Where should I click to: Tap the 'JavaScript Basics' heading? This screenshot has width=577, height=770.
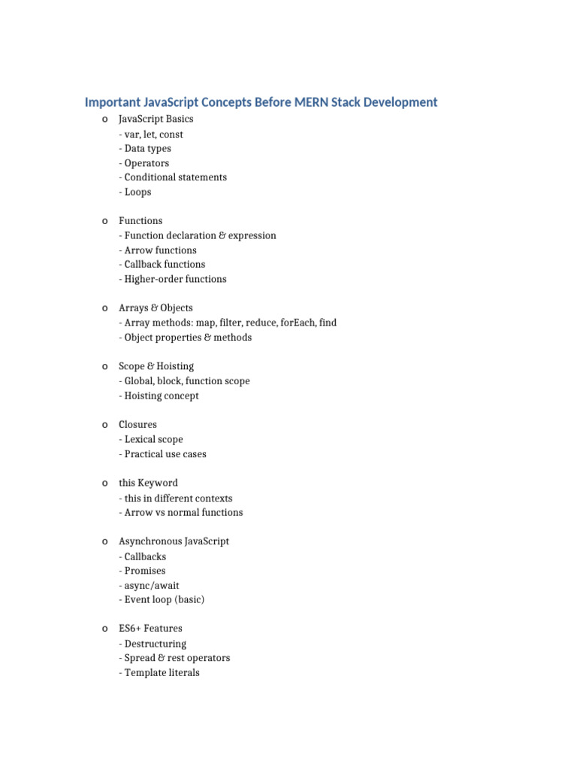[x=156, y=119]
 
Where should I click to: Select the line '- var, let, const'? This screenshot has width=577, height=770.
[x=151, y=134]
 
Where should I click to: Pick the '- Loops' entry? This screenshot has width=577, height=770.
[x=135, y=192]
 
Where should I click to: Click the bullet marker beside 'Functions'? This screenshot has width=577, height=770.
[x=104, y=221]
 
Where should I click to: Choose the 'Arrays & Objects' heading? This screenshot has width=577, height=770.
[x=156, y=308]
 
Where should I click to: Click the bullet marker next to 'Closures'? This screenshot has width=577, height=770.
[x=104, y=425]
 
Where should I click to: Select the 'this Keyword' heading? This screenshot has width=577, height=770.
[x=148, y=483]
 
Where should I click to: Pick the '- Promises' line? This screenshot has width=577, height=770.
[x=143, y=571]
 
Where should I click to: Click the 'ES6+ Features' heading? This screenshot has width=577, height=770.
[x=150, y=628]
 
